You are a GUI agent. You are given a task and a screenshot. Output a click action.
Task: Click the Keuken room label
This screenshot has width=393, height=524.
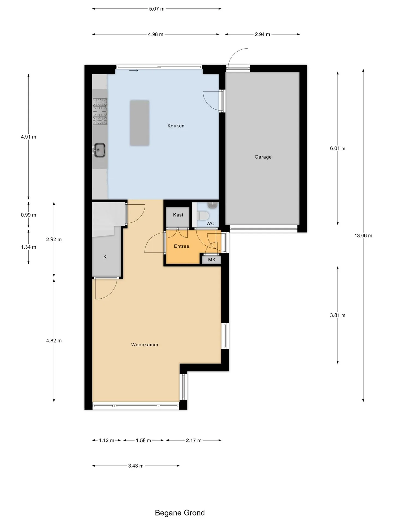coord(176,126)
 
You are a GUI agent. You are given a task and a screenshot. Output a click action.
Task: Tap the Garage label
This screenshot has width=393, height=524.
coord(263,157)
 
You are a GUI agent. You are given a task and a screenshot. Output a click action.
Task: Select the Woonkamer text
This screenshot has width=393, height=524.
coord(145,345)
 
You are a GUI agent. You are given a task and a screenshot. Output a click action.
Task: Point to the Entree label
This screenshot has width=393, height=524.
coord(181,246)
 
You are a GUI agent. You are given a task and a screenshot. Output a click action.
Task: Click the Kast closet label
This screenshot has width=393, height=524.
coord(178,215)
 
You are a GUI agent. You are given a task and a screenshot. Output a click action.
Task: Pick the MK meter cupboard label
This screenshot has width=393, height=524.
coord(212,260)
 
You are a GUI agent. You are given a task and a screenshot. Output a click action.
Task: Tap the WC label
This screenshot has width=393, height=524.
coord(210,224)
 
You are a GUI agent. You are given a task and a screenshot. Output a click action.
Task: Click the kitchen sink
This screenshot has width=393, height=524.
coord(100,150)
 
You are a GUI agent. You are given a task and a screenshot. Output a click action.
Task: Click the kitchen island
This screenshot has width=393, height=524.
coord(139,123)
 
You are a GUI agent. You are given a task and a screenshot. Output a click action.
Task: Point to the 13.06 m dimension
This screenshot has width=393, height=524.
coord(363,236)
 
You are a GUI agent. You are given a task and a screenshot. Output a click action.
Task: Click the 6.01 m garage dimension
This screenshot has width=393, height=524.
coord(338,148)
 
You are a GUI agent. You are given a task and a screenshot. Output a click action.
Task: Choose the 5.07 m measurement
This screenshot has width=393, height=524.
coord(157,9)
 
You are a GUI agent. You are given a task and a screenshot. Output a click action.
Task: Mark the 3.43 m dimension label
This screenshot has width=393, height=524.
coord(136,466)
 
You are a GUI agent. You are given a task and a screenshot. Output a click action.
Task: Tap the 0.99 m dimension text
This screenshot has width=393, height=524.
coord(28,215)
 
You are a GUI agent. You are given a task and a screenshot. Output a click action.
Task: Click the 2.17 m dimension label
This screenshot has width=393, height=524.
coord(194,440)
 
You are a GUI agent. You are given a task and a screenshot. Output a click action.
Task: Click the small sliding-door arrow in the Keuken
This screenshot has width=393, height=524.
coord(133,71)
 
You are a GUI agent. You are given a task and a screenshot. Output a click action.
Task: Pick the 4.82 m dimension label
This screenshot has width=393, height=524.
coord(54,341)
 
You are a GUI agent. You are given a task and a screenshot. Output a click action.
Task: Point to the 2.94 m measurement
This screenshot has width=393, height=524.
coord(263,34)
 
